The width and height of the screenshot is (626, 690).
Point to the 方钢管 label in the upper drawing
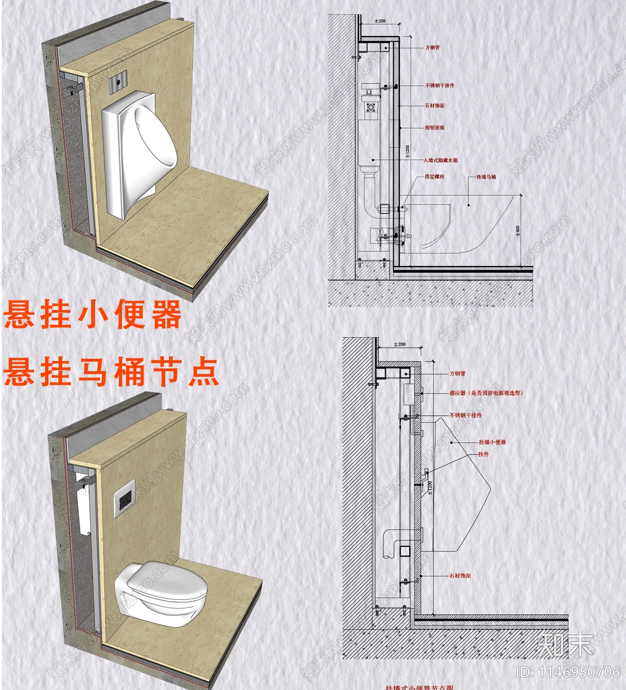point(432,47)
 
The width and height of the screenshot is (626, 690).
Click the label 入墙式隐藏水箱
point(441,160)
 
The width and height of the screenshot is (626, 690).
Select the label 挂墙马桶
point(486,177)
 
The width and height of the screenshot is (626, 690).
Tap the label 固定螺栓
point(434,176)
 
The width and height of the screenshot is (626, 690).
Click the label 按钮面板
point(435,127)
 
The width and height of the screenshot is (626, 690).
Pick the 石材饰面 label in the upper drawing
point(435,105)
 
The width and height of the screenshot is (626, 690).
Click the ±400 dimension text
point(518,230)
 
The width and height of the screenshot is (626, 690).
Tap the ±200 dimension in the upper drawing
point(380,21)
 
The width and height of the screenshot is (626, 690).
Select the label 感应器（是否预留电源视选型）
point(487,393)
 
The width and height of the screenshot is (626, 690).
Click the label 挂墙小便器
point(492,442)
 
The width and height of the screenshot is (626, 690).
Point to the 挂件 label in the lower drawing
point(483,454)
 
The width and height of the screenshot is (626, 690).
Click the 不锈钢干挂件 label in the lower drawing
point(465,415)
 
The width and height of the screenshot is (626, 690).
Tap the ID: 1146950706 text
point(568,672)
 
